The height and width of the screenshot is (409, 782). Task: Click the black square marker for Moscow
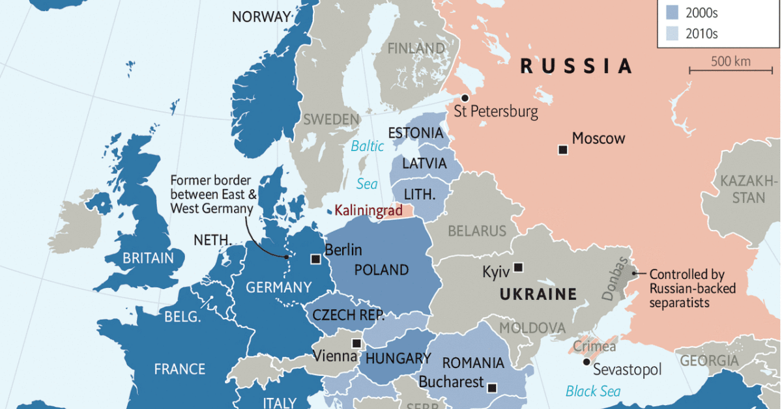pyautogui.click(x=563, y=150)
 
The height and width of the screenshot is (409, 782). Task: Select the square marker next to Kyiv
pyautogui.click(x=518, y=267)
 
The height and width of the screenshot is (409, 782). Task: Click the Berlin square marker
pyautogui.click(x=315, y=259)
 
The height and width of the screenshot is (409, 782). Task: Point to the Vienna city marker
pyautogui.click(x=356, y=343)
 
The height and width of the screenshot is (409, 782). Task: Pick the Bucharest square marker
pyautogui.click(x=492, y=388)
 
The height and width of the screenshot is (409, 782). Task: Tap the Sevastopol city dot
pyautogui.click(x=586, y=361)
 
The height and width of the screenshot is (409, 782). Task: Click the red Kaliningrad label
pyautogui.click(x=368, y=210)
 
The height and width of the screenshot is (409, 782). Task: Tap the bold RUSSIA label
pyautogui.click(x=576, y=66)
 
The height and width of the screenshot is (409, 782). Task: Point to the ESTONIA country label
pyautogui.click(x=415, y=133)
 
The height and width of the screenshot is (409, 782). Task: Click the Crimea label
pyautogui.click(x=594, y=346)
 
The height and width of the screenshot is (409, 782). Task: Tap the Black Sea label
pyautogui.click(x=593, y=391)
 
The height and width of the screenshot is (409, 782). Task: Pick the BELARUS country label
pyautogui.click(x=476, y=231)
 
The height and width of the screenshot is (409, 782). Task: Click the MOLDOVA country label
pyautogui.click(x=532, y=327)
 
